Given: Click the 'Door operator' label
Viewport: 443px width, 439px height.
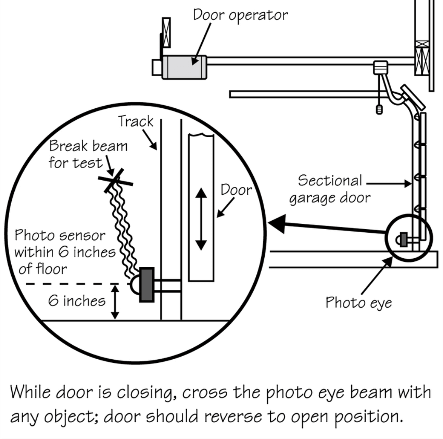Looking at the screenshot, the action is [241, 15].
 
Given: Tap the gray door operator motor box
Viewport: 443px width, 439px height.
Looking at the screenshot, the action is [184, 67].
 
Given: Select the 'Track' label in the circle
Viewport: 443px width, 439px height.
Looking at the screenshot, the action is [136, 122].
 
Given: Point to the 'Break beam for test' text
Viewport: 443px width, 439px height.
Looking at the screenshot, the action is [88, 154].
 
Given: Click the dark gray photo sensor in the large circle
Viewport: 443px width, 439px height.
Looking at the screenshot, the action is [147, 285].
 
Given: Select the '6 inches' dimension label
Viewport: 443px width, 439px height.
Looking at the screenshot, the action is [77, 301].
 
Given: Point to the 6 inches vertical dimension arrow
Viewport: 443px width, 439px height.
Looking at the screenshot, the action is [115, 302].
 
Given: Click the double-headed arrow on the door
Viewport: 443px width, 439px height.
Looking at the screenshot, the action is [201, 219].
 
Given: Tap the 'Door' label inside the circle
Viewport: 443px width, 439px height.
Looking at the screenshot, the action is [236, 190].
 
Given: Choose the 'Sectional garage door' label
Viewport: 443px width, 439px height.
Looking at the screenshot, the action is [330, 189].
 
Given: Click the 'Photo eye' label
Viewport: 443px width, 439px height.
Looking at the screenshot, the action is [359, 303].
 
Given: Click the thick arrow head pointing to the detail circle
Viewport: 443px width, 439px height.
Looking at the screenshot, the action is [277, 223].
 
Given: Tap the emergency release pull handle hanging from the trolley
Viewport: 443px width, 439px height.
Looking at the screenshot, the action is [379, 109].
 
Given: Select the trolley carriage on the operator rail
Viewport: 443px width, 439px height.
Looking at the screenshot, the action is [380, 68].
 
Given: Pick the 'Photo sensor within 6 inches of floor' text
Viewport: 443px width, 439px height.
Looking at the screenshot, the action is [65, 252].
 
